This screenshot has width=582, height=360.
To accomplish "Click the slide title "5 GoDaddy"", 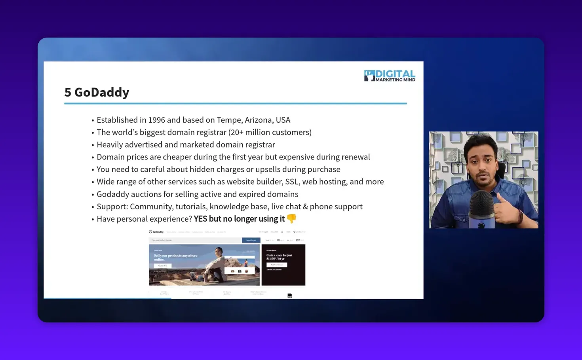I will pyautogui.click(x=97, y=92).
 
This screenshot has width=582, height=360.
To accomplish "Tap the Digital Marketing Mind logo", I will pyautogui.click(x=390, y=76).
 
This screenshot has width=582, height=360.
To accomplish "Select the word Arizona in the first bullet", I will pyautogui.click(x=262, y=120).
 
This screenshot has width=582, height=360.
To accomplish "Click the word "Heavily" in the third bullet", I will pyautogui.click(x=110, y=145).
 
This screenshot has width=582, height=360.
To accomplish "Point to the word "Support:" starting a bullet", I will pyautogui.click(x=112, y=207).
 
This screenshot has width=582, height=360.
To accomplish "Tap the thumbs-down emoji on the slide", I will pyautogui.click(x=291, y=218).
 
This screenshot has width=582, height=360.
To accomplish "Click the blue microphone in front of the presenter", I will pyautogui.click(x=481, y=208).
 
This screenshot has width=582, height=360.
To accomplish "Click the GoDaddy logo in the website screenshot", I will pyautogui.click(x=156, y=232).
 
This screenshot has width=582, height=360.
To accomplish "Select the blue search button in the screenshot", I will pyautogui.click(x=251, y=240).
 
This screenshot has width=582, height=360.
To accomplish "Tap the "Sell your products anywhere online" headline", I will pyautogui.click(x=175, y=257).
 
